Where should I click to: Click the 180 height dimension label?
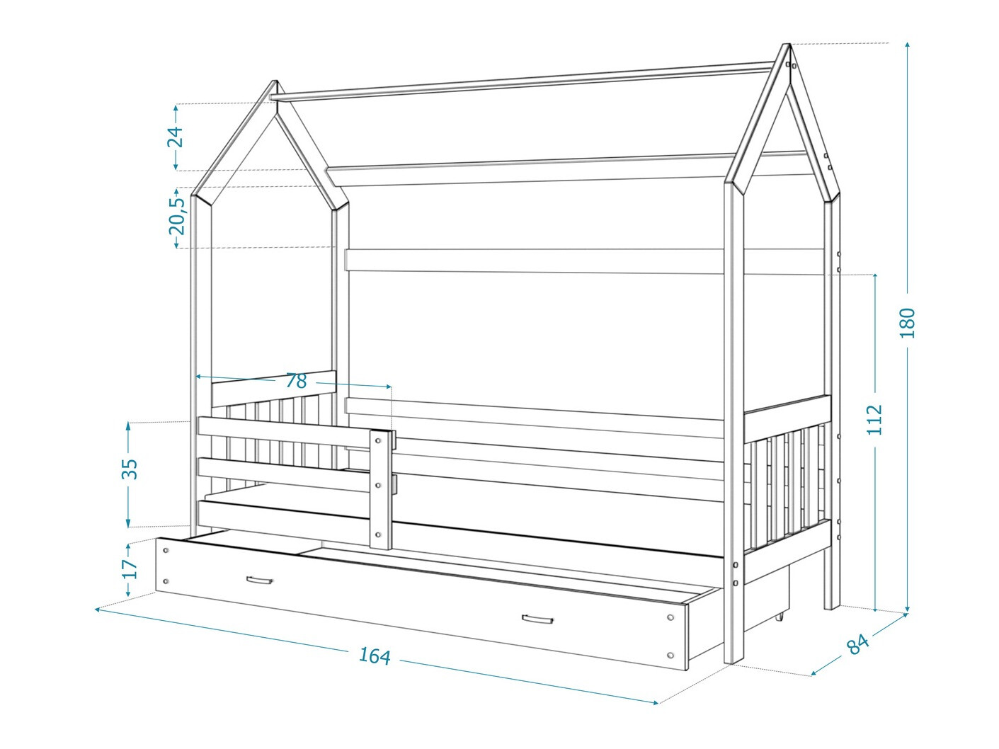click(907, 323)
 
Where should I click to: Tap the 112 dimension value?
click(874, 420)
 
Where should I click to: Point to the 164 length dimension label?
click(375, 656)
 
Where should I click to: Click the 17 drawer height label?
click(130, 568)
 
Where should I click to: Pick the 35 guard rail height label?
click(130, 469)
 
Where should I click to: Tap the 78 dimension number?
click(296, 381)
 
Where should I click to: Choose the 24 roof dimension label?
click(175, 137)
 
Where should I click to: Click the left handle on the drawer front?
click(259, 580)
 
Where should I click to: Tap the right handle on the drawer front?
click(537, 619)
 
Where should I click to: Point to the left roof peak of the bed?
click(275, 81)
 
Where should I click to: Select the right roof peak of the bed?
click(788, 44)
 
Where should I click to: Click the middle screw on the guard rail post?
click(378, 486)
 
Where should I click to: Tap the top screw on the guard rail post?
click(378, 440)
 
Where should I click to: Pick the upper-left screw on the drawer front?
click(166, 550)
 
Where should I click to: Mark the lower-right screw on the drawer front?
click(670, 656)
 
